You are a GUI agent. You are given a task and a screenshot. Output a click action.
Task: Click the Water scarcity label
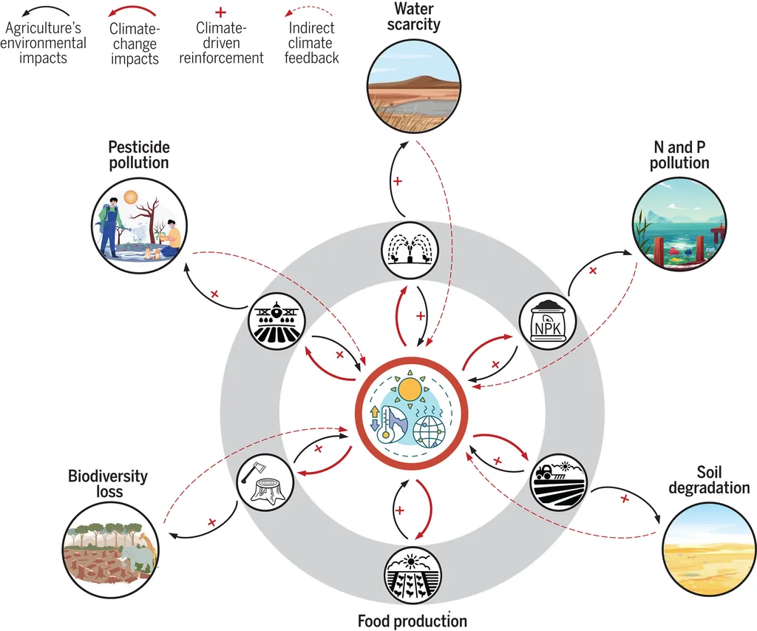[x=413, y=16]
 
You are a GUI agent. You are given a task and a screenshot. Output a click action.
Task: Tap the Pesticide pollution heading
[x=139, y=155]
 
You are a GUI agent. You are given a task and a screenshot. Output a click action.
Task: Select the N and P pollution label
[x=679, y=155]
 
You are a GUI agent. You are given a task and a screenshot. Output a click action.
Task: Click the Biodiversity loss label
[x=108, y=483]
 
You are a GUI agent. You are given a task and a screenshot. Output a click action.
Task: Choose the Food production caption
[x=413, y=620]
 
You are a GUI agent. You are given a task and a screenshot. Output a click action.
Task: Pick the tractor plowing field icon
[x=558, y=480]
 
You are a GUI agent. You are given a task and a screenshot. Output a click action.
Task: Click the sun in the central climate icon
[x=407, y=388]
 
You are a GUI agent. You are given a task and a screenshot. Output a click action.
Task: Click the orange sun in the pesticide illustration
[x=131, y=197]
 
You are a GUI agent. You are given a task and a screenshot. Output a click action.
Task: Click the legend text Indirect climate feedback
[x=311, y=42]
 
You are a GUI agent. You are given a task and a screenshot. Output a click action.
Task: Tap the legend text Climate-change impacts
[x=135, y=44]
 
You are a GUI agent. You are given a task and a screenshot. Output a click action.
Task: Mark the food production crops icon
[x=413, y=575]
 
